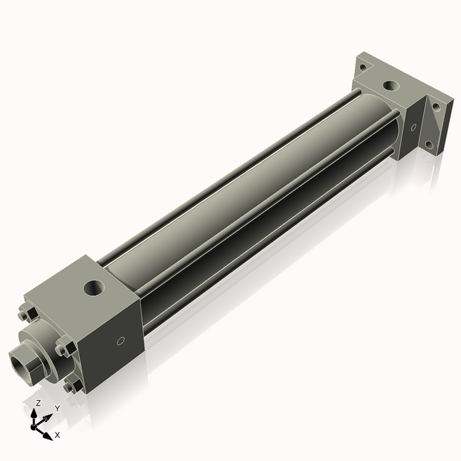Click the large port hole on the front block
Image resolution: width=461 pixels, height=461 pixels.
pyautogui.click(x=94, y=290)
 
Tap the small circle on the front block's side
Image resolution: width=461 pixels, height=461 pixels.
pyautogui.click(x=120, y=340)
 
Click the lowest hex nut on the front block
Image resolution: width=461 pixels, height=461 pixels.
pyautogui.click(x=72, y=386)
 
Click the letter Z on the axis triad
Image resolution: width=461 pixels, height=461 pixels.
pyautogui.click(x=38, y=403)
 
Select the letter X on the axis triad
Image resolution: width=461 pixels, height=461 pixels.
pyautogui.click(x=58, y=435)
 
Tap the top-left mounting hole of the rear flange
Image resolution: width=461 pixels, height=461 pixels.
pyautogui.click(x=362, y=67)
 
